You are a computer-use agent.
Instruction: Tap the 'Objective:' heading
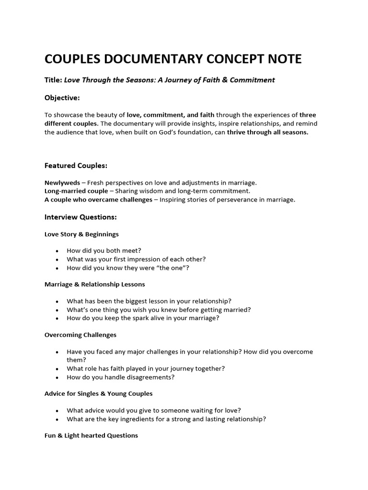tap(62, 98)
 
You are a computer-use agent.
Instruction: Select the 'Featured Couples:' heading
tap(76, 166)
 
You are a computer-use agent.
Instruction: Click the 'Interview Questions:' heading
tap(80, 217)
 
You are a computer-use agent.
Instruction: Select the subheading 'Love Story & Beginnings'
tap(81, 234)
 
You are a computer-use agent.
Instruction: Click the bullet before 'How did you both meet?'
tap(57, 251)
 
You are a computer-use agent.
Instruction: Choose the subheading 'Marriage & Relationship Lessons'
tap(94, 284)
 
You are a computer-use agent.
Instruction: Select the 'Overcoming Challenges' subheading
tap(80, 334)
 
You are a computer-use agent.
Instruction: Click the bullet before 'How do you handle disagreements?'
tap(57, 378)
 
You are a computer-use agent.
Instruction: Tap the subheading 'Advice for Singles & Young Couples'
tap(98, 393)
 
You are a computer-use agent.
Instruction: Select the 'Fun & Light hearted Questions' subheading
tap(91, 435)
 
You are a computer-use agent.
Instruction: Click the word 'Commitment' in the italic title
tap(253, 80)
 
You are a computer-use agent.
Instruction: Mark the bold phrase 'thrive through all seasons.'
tap(268, 132)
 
